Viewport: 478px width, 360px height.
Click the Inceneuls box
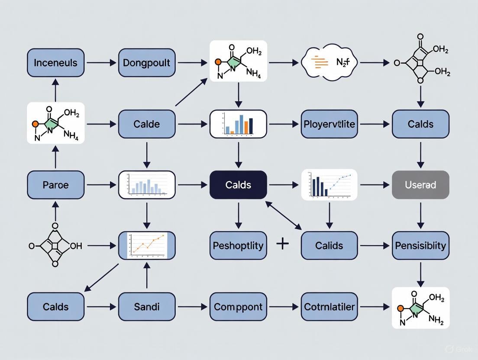pyautogui.click(x=55, y=63)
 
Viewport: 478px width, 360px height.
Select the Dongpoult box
pyautogui.click(x=147, y=63)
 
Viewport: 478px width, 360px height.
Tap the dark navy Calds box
pyautogui.click(x=238, y=185)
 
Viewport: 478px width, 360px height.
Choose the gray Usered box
pyautogui.click(x=420, y=185)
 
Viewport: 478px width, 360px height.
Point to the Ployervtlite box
pyautogui.click(x=329, y=124)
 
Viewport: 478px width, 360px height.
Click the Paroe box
pyautogui.click(x=55, y=185)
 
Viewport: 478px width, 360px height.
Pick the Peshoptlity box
pyautogui.click(x=238, y=245)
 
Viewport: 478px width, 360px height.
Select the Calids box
pyautogui.click(x=329, y=245)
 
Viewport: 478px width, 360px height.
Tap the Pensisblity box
pyautogui.click(x=420, y=245)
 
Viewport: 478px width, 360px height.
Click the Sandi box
pyautogui.click(x=147, y=307)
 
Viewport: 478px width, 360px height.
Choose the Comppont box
pyautogui.click(x=238, y=307)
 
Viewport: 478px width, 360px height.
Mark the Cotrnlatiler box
pyautogui.click(x=329, y=307)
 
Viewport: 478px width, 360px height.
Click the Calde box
pyautogui.click(x=147, y=124)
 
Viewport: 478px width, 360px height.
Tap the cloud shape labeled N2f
pyautogui.click(x=329, y=63)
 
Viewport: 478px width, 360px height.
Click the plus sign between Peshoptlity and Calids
pyautogui.click(x=282, y=244)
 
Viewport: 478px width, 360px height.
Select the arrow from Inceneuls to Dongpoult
pyautogui.click(x=101, y=63)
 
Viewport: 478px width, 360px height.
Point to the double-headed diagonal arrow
pyautogui.click(x=284, y=215)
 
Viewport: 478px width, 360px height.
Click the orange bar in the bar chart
pyautogui.click(x=246, y=127)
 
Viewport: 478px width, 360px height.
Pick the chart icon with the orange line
pyautogui.click(x=147, y=245)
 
